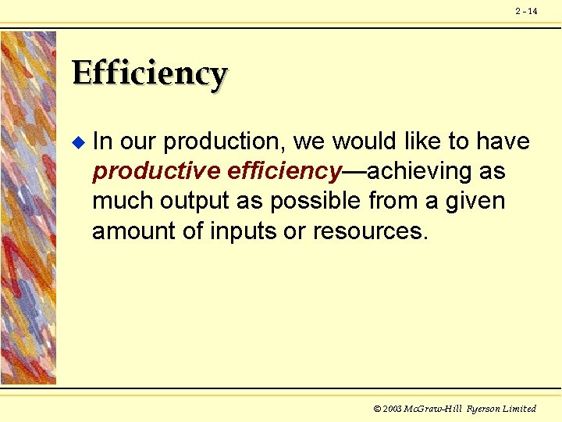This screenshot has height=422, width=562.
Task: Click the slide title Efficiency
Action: pyautogui.click(x=149, y=75)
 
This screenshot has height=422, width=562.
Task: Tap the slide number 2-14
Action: pyautogui.click(x=526, y=11)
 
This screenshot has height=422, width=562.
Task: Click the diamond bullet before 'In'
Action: pyautogui.click(x=76, y=142)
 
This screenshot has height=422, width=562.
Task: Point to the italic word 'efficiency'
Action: pyautogui.click(x=286, y=172)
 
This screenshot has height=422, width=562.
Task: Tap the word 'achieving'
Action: pyautogui.click(x=417, y=172)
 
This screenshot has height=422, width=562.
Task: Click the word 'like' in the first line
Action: pyautogui.click(x=424, y=142)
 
